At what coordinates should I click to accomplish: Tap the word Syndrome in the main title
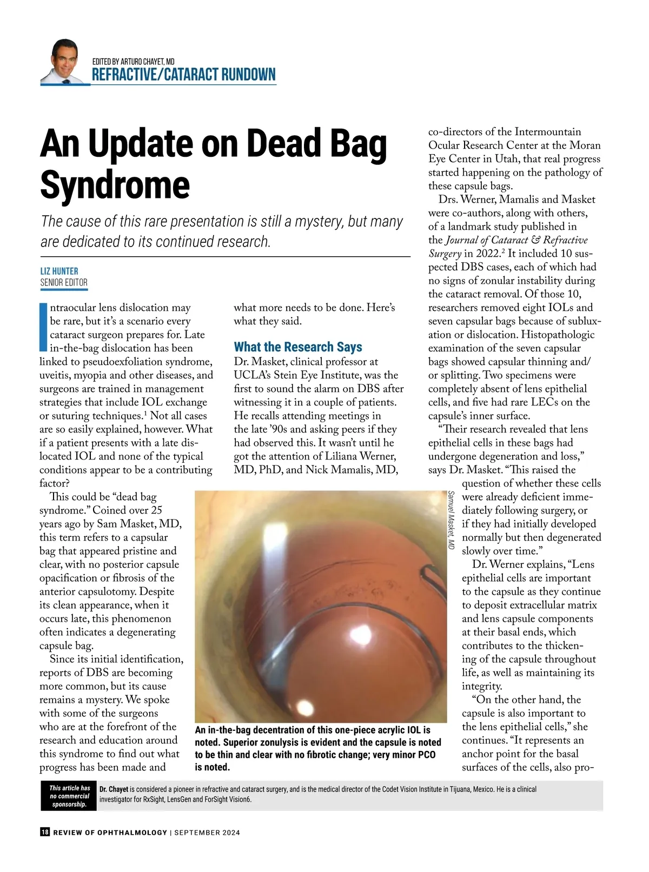click(115, 185)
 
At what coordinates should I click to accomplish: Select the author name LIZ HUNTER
click(59, 271)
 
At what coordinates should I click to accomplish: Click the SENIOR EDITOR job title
click(64, 282)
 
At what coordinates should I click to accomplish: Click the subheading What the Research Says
click(297, 347)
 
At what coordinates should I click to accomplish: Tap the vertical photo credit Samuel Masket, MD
click(451, 520)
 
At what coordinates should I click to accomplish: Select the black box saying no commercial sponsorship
click(69, 796)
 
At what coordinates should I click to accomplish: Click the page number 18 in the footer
click(45, 832)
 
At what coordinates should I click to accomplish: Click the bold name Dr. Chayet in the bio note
click(114, 789)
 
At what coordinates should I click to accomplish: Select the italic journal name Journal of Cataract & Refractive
click(516, 240)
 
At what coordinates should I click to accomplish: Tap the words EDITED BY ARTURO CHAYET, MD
click(133, 62)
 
